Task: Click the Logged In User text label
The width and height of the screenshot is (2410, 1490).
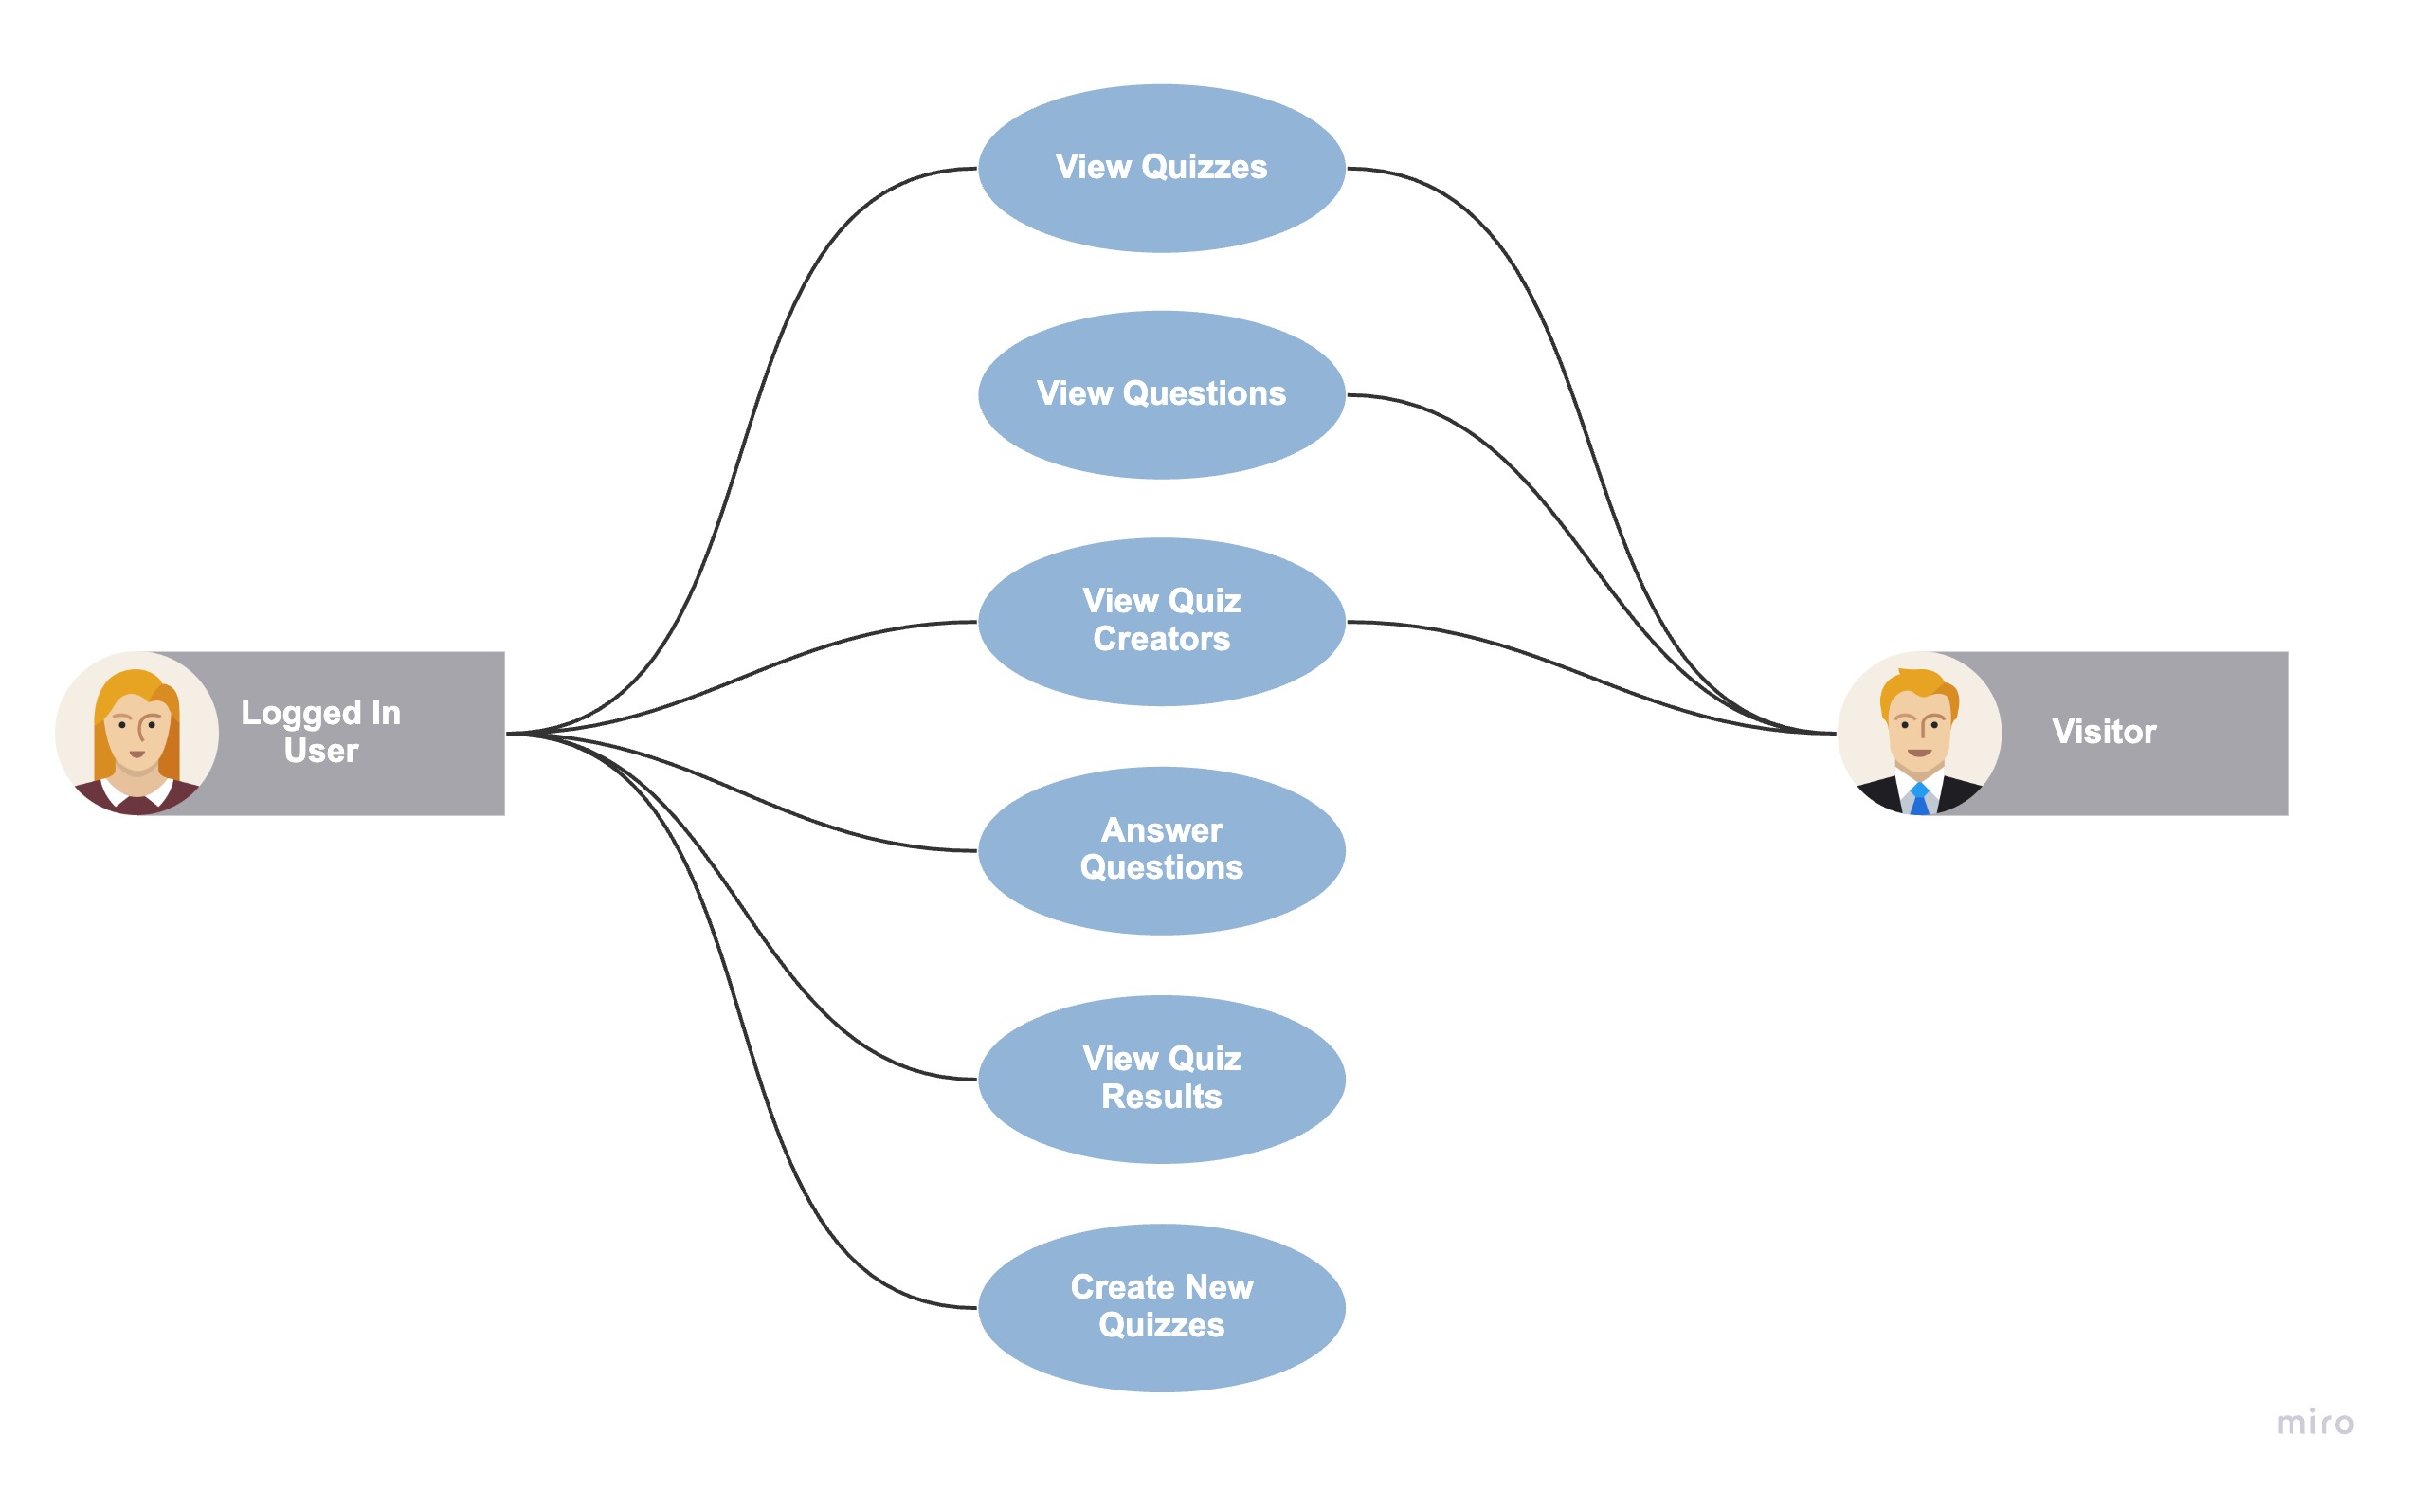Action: click(320, 731)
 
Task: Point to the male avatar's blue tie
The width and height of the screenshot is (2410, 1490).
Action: click(1918, 799)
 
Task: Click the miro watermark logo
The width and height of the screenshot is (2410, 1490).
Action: click(2314, 1423)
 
